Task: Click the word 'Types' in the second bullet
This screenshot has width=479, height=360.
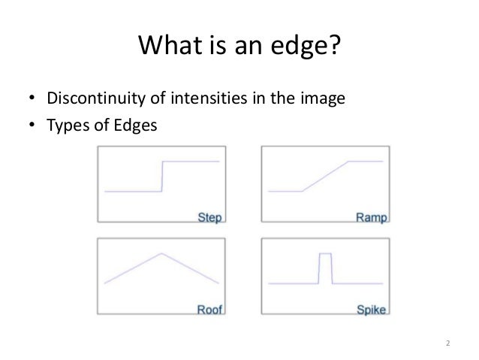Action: pyautogui.click(x=67, y=125)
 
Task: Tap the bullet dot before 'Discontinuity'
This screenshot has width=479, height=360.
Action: pyautogui.click(x=32, y=100)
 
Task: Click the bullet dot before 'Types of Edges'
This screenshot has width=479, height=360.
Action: pyautogui.click(x=32, y=126)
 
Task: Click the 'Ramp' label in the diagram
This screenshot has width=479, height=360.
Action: pyautogui.click(x=372, y=218)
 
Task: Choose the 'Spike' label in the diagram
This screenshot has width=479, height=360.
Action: pyautogui.click(x=371, y=308)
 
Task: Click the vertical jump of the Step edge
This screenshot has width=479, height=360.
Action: pyautogui.click(x=162, y=177)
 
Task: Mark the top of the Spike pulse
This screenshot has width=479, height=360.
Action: pyautogui.click(x=325, y=254)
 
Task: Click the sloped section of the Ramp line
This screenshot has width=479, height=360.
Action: pyautogui.click(x=324, y=177)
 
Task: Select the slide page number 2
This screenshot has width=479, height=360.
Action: pyautogui.click(x=447, y=345)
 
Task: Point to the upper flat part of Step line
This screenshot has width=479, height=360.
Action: pyautogui.click(x=191, y=161)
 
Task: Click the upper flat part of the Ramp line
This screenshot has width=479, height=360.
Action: pyautogui.click(x=366, y=161)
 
